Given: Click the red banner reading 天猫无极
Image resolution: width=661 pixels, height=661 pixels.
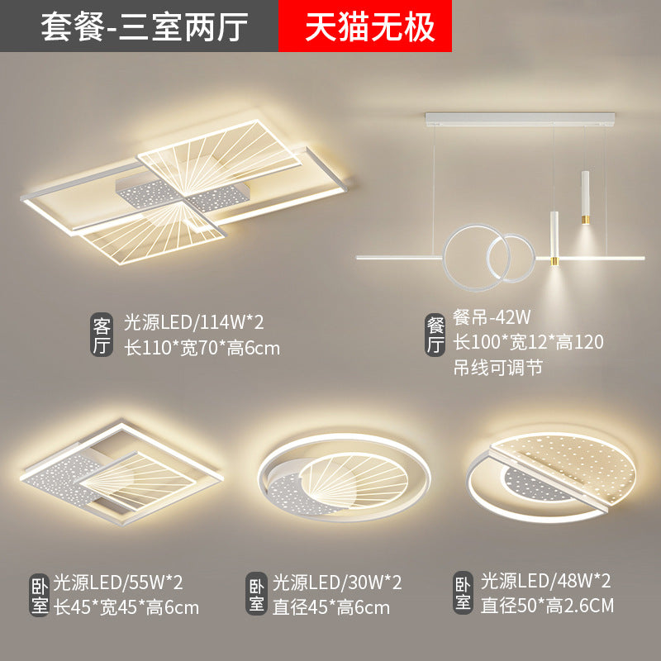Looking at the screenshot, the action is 365,26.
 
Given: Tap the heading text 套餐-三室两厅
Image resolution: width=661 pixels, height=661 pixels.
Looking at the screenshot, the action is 144,27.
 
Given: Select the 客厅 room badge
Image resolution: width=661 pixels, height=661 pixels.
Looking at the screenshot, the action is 102,335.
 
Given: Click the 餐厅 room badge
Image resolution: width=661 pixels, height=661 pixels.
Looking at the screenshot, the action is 435,335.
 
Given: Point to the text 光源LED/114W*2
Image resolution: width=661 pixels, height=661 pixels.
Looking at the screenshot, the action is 194,323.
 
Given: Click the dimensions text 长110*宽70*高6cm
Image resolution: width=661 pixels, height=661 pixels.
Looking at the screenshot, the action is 202,349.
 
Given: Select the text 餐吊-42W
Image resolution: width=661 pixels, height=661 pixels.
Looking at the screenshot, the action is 492,317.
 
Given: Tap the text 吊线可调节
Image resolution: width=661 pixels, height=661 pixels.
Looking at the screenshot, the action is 498,368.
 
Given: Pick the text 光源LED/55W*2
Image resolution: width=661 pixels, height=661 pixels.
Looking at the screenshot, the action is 118,583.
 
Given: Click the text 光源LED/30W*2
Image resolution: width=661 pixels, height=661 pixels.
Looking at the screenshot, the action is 337,583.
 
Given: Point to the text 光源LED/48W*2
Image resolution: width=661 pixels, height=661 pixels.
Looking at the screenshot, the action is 545,581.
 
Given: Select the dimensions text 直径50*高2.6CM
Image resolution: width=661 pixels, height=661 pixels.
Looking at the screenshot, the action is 547,606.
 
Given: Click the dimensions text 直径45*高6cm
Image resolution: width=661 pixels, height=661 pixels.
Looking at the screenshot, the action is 331,608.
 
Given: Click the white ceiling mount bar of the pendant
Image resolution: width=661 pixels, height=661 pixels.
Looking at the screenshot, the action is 520,119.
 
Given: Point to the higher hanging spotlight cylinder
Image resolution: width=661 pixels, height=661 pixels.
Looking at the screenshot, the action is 585,197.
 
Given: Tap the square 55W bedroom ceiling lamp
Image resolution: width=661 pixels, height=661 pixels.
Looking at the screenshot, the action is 121,474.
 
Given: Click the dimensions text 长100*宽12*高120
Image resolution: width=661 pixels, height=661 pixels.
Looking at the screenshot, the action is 528,342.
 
